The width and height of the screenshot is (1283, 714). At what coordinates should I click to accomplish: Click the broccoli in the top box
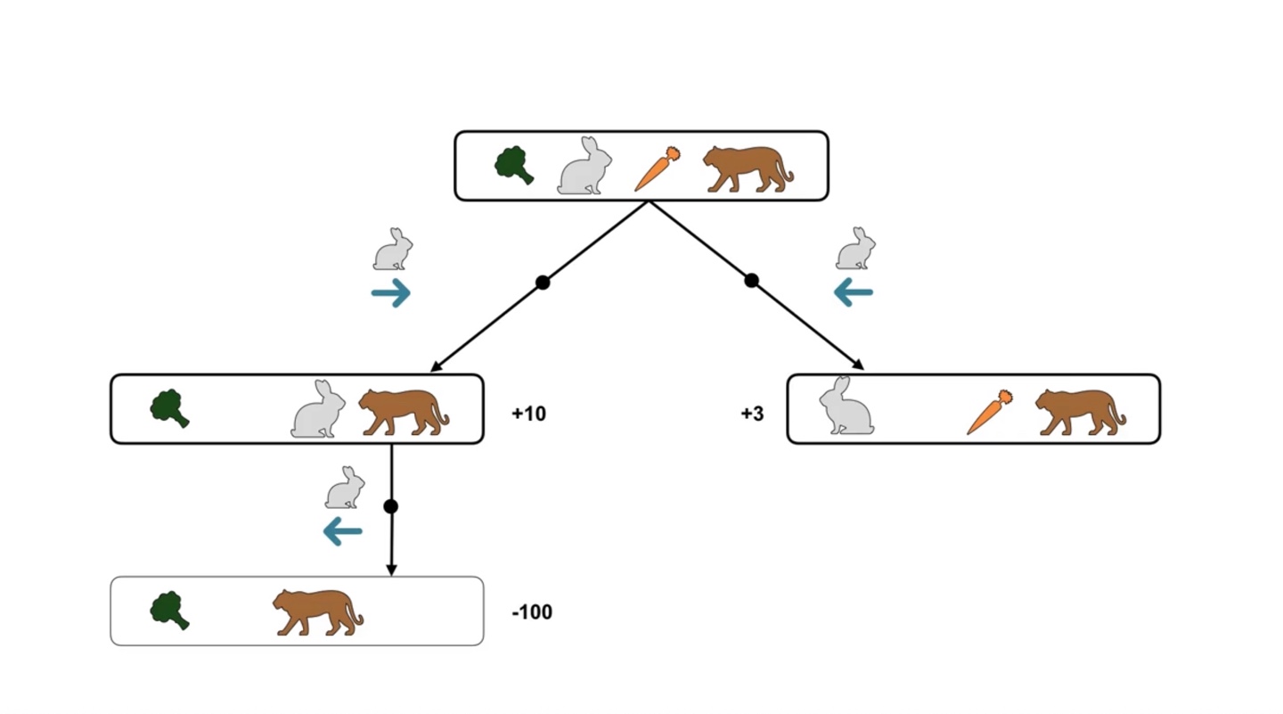(514, 166)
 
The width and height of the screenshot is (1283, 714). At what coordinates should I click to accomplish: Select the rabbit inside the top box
(585, 166)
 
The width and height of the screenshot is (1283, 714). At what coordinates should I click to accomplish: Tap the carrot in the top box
(658, 169)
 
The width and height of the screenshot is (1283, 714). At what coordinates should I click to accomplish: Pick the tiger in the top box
(747, 169)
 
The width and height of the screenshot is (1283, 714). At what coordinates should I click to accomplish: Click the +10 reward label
(528, 414)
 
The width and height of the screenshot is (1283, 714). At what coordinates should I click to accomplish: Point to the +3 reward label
(752, 414)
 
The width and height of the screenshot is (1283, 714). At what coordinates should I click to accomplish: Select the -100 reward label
(532, 612)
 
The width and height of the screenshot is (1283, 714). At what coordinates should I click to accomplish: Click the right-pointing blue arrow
(391, 292)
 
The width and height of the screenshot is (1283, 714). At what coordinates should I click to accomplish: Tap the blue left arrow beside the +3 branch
(853, 291)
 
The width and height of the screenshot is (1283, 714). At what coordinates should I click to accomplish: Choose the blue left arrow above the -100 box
(342, 532)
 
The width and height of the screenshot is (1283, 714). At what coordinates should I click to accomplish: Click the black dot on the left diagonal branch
(543, 283)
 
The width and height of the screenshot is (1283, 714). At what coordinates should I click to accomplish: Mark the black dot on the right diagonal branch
(751, 281)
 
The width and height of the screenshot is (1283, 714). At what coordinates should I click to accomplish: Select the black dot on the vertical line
(390, 506)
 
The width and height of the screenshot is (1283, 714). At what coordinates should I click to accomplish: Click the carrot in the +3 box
(990, 412)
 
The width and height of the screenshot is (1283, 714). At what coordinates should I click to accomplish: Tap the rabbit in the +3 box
(846, 406)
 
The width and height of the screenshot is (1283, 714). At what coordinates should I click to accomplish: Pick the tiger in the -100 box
(317, 611)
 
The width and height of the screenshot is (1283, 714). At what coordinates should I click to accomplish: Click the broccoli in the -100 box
(169, 611)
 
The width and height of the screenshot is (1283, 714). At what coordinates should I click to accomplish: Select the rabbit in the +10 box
(319, 410)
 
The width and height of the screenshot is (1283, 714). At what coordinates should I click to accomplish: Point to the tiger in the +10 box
(403, 412)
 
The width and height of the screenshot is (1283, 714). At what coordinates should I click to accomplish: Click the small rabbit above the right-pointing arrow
(393, 250)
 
